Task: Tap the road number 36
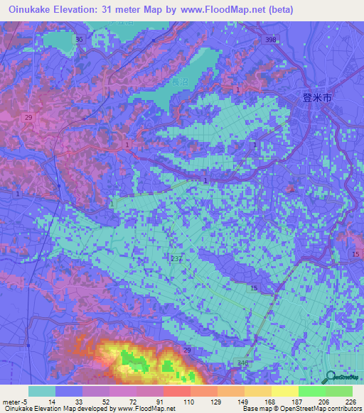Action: click(x=79, y=39)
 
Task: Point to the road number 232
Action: click(x=177, y=258)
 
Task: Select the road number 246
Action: click(x=243, y=363)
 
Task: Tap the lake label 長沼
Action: click(x=178, y=83)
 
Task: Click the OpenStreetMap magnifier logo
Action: click(x=332, y=379)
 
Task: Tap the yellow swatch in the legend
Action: click(x=285, y=391)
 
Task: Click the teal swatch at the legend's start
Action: click(x=42, y=391)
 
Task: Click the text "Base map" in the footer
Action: click(x=255, y=409)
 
